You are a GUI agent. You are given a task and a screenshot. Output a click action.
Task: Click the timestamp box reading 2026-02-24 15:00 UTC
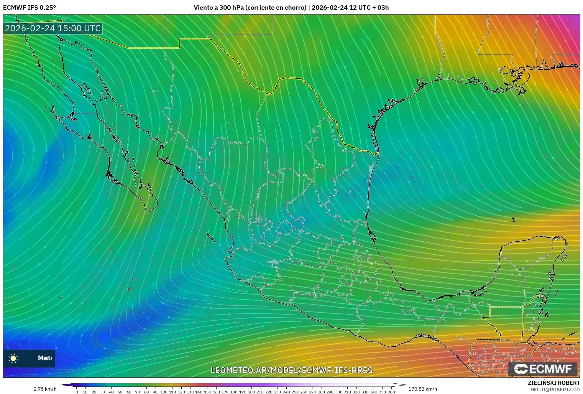coord(53,28)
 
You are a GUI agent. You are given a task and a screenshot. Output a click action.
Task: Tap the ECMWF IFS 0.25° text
coord(29,7)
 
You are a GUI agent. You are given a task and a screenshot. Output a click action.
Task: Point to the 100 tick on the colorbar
coord(164,392)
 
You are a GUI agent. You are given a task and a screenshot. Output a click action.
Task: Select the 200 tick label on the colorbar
coord(251,392)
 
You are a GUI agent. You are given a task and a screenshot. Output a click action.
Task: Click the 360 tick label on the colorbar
coord(391,392)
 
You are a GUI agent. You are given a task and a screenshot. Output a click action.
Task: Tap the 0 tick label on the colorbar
coord(77,392)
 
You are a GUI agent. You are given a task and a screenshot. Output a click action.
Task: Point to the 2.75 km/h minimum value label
coord(45,389)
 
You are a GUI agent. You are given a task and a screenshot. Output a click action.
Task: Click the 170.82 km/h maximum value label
coord(423,389)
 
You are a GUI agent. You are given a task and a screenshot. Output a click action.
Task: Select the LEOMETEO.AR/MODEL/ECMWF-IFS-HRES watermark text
coord(291,370)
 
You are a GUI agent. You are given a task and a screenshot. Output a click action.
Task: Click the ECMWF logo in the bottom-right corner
coord(543,369)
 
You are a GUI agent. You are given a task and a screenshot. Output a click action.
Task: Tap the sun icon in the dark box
coord(13,358)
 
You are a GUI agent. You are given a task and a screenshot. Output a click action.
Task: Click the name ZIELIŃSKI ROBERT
coord(554,383)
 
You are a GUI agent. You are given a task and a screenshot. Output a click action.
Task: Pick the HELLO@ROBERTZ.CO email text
coord(555,390)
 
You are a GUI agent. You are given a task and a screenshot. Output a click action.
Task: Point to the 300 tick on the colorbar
coord(339,392)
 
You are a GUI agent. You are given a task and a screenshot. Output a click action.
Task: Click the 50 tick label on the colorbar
coord(120,392)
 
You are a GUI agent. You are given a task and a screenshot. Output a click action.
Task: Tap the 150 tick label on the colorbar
coord(208,392)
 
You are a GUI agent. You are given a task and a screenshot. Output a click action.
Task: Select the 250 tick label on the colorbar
coord(295,392)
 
